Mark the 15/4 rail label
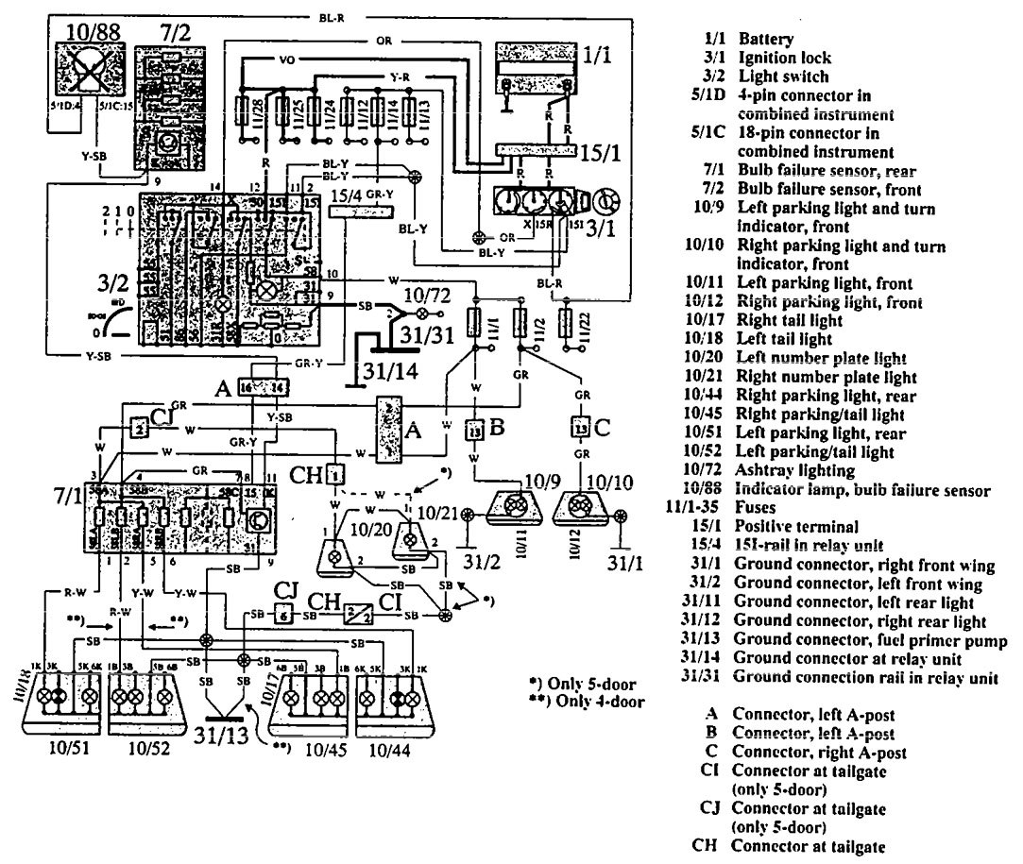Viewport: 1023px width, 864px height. click(343, 195)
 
